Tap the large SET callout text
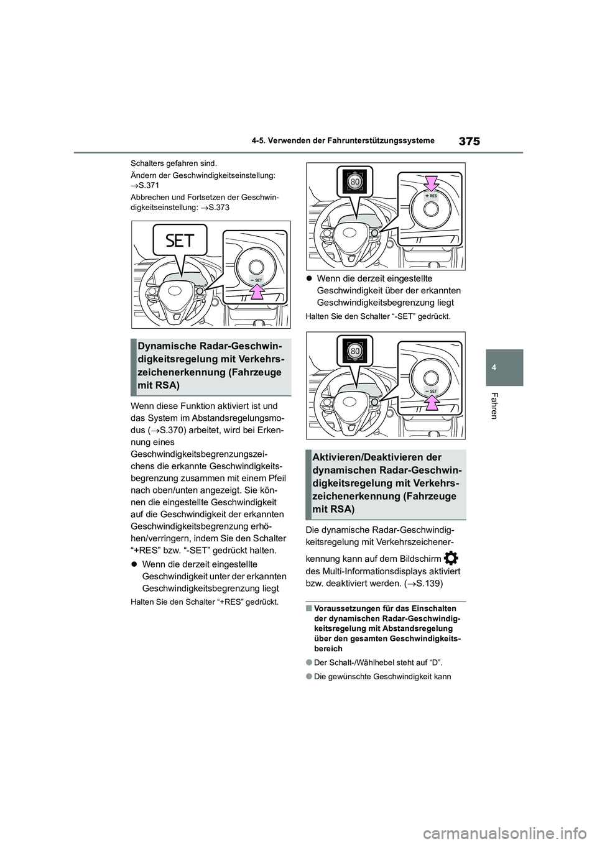tap(180, 241)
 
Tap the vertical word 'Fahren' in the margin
tap(494, 405)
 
